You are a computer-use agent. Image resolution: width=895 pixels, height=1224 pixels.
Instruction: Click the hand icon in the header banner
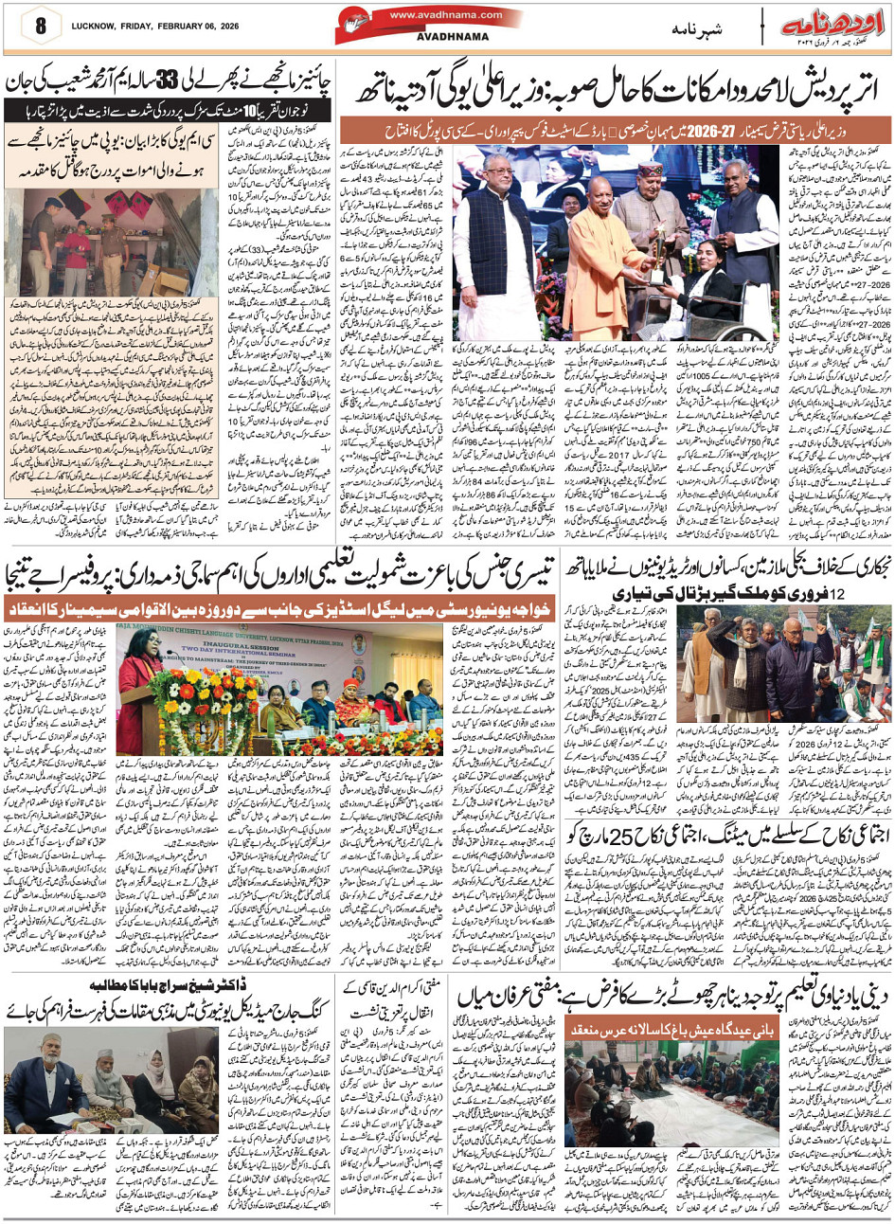pos(387,25)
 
